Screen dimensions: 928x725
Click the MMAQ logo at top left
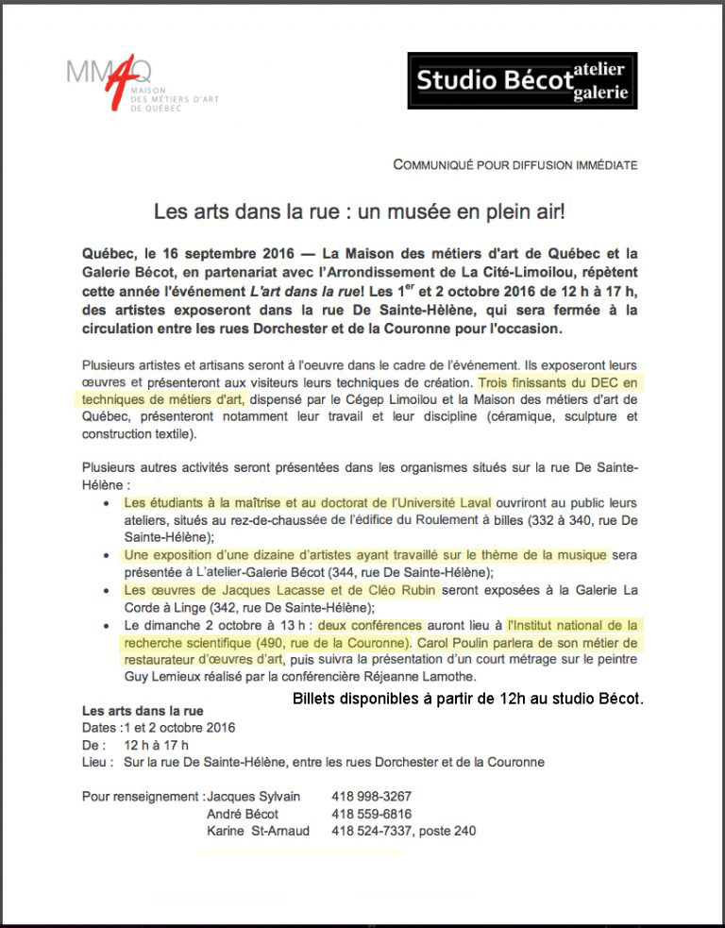pyautogui.click(x=123, y=86)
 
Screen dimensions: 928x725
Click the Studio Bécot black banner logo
pyautogui.click(x=522, y=80)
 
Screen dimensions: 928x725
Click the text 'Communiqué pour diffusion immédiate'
pyautogui.click(x=514, y=164)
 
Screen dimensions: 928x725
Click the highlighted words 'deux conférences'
pyautogui.click(x=370, y=625)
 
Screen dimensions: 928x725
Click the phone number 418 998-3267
pyautogui.click(x=371, y=796)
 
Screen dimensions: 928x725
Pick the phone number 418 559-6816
pyautogui.click(x=371, y=814)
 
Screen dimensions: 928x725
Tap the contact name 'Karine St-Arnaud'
pyautogui.click(x=260, y=832)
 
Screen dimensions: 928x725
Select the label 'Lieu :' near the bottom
pyautogui.click(x=98, y=762)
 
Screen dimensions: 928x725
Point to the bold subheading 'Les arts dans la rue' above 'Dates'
pyautogui.click(x=143, y=710)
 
